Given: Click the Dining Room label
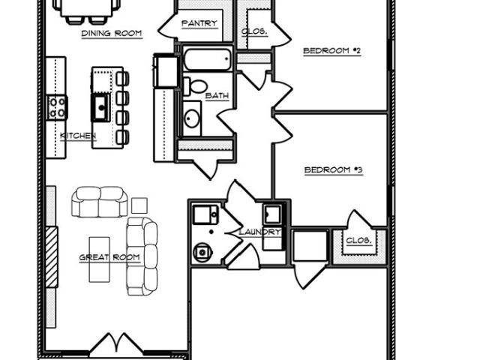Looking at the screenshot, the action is (x=112, y=33).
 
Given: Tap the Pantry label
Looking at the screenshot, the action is (x=199, y=23).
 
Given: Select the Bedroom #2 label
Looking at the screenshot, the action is (x=331, y=50).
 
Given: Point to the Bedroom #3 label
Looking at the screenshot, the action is (x=333, y=169).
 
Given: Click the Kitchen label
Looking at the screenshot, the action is (x=78, y=136).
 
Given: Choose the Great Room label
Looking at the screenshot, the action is (x=109, y=257).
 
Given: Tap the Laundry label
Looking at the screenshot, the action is (x=259, y=232).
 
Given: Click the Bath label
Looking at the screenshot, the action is (x=217, y=96).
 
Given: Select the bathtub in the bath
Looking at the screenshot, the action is (x=207, y=59).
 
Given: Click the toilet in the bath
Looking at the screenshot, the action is (x=195, y=86).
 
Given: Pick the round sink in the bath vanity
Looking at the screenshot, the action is (x=192, y=118).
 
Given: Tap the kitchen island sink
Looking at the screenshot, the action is (x=100, y=107).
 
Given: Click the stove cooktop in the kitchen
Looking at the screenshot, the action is (x=57, y=107).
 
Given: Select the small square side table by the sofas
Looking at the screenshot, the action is (x=139, y=205).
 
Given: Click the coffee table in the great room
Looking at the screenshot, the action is (x=99, y=259).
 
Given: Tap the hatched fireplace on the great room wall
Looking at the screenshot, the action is (x=52, y=257).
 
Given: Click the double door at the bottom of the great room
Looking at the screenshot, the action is (x=117, y=343).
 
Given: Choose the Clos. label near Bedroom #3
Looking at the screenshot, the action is (x=358, y=241).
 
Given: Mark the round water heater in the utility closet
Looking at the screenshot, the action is (x=202, y=253).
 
